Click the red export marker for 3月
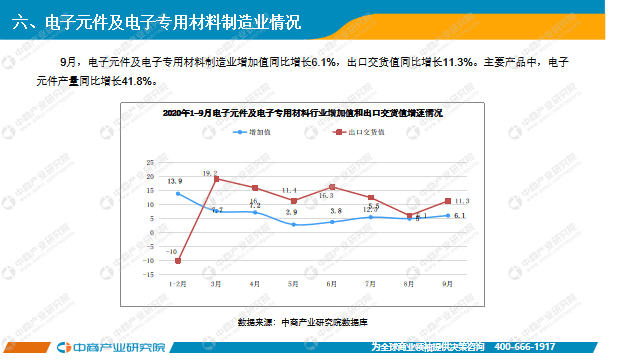217,180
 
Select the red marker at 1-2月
178,261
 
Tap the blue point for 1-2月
178,194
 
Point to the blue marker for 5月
294,224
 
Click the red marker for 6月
333,188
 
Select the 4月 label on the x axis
255,284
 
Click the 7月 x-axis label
371,284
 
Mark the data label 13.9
174,180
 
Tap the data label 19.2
210,173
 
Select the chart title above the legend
303,114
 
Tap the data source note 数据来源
303,322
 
